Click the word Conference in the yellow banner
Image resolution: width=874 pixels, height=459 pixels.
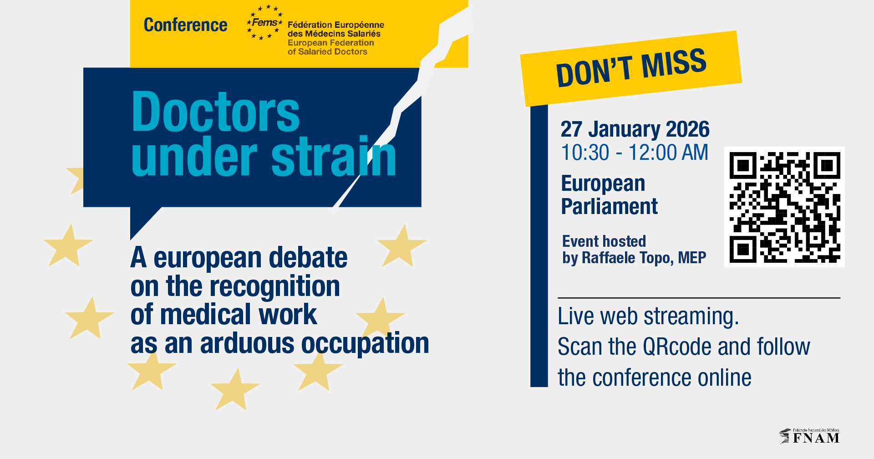click(x=185, y=25)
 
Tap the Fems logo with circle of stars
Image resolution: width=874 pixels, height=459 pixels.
click(x=264, y=22)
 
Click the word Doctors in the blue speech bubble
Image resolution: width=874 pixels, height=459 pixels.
click(x=215, y=112)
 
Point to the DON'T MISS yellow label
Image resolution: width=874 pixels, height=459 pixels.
click(x=631, y=68)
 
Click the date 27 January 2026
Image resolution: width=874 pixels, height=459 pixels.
click(x=635, y=129)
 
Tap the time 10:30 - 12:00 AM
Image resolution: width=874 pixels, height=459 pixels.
click(x=635, y=153)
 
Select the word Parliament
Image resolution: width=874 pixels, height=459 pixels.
click(x=609, y=206)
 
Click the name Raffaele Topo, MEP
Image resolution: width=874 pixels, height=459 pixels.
click(x=644, y=258)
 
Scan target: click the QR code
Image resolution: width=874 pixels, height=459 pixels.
click(x=784, y=207)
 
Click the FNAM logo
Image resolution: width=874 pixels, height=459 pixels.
click(x=809, y=436)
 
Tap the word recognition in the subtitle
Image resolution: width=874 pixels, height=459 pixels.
click(x=276, y=286)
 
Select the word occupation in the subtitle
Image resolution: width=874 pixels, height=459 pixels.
click(x=366, y=343)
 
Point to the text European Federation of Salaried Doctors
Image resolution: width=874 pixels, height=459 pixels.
click(x=331, y=47)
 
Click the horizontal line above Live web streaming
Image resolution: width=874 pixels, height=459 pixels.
click(x=699, y=298)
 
